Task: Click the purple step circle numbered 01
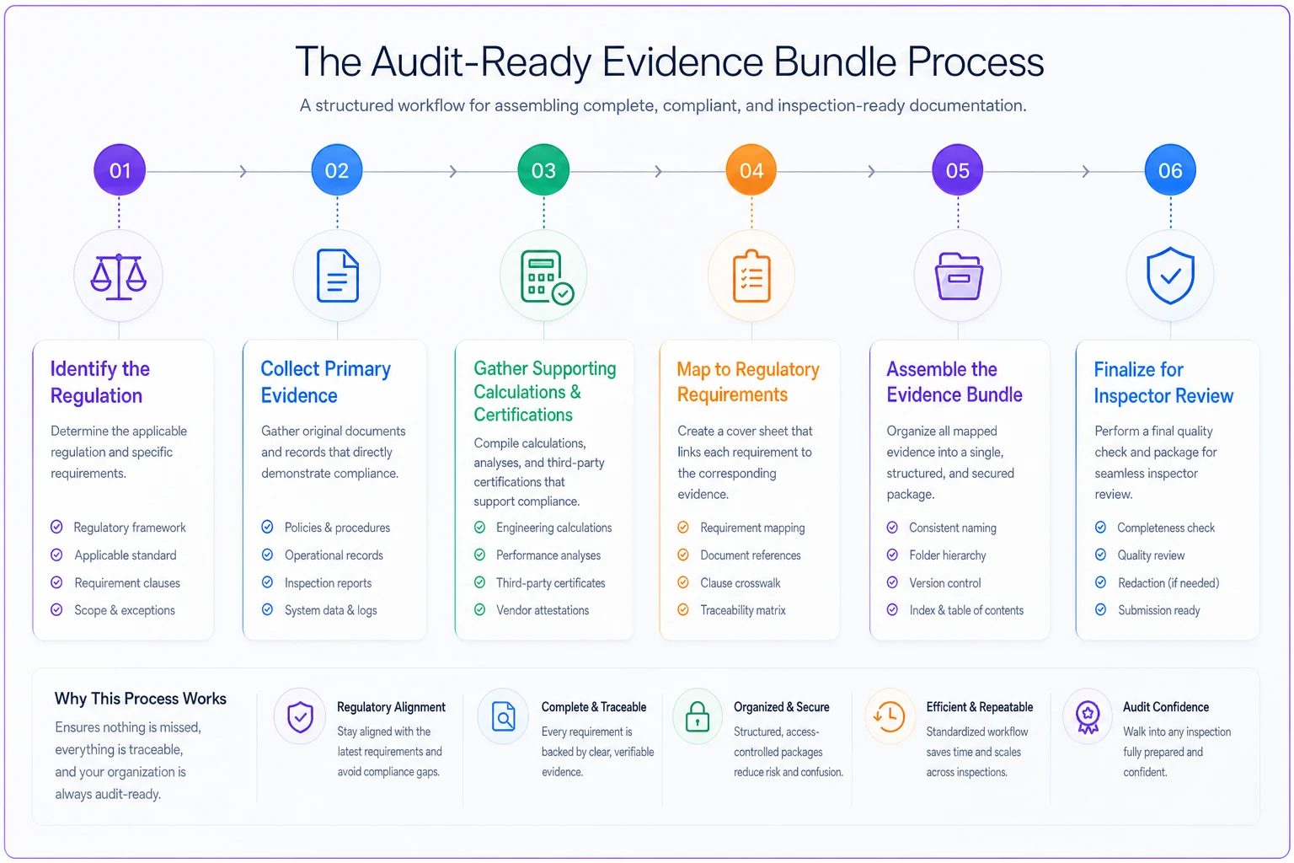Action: click(x=120, y=170)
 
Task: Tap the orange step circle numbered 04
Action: click(x=751, y=170)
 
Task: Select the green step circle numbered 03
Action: click(x=543, y=170)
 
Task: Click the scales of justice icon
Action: click(x=119, y=277)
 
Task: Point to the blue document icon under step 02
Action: click(x=337, y=276)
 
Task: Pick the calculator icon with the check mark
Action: click(x=547, y=277)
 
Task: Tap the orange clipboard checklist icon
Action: click(x=751, y=276)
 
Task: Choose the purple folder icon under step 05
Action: click(x=959, y=276)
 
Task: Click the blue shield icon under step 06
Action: click(x=1170, y=276)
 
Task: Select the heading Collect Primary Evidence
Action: click(x=326, y=382)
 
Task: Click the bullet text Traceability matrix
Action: click(x=743, y=610)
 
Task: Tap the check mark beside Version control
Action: click(x=892, y=582)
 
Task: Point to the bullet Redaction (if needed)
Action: click(x=1168, y=582)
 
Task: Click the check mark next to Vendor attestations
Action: click(x=479, y=609)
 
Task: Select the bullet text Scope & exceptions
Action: click(x=124, y=610)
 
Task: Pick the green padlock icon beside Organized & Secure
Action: click(x=698, y=716)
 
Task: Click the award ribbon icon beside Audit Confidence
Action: click(x=1088, y=717)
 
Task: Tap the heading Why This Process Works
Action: click(x=141, y=699)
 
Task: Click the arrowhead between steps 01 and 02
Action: click(x=243, y=171)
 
